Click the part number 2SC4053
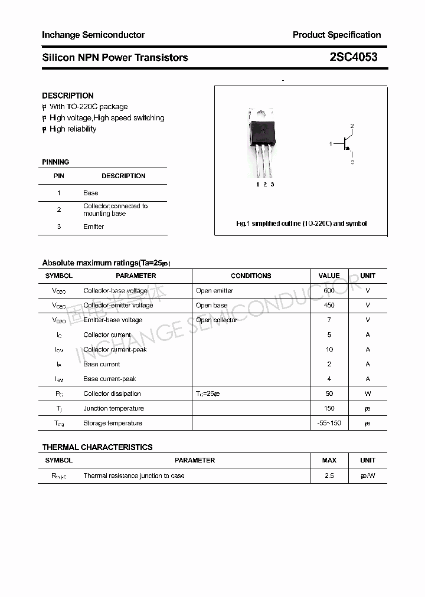[354, 57]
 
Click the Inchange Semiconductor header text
[93, 35]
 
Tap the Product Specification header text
[336, 35]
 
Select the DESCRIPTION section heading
[67, 96]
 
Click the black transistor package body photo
[262, 133]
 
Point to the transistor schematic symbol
[345, 143]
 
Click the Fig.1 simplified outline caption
[301, 224]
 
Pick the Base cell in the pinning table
[91, 193]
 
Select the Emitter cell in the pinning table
[93, 227]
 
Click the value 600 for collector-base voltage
[329, 290]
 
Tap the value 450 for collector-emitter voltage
[329, 305]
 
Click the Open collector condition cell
[217, 320]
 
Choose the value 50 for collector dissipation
[329, 393]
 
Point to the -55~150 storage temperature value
[329, 423]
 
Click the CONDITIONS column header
[251, 275]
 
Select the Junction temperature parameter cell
[113, 408]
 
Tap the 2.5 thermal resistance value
[329, 475]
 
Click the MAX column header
[329, 460]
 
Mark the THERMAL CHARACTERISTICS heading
[97, 447]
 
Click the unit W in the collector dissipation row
[368, 393]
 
